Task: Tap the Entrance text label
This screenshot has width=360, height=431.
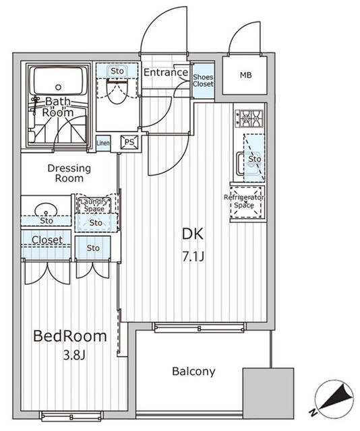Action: click(165, 73)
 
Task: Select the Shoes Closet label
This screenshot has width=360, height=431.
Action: click(203, 81)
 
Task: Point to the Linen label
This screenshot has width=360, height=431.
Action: click(102, 143)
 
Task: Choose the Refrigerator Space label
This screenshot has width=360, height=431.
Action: click(244, 201)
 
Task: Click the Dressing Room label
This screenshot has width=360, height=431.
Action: click(65, 173)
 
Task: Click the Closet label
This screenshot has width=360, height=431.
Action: click(47, 240)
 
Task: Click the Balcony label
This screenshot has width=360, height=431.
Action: click(193, 371)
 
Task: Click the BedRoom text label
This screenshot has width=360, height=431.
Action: click(71, 336)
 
